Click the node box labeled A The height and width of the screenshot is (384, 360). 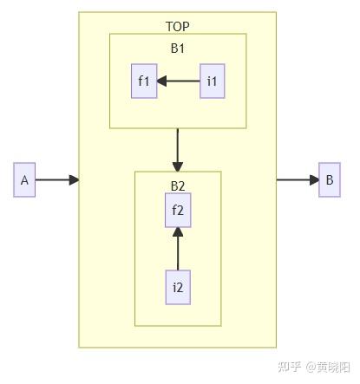(x=24, y=180)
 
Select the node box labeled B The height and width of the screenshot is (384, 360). (x=330, y=180)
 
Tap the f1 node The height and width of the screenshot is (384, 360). (x=144, y=81)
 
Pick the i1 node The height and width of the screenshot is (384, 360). (x=213, y=81)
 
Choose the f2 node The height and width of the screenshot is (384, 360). (x=178, y=209)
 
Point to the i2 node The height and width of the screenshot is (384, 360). (x=178, y=287)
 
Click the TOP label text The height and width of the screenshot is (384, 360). (x=178, y=27)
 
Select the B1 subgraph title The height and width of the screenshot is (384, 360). (x=178, y=49)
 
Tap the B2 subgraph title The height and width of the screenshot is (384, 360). (x=178, y=185)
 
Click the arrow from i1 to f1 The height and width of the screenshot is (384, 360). (x=180, y=81)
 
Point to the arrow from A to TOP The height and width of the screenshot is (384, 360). (x=54, y=180)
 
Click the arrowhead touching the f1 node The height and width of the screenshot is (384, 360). (x=162, y=81)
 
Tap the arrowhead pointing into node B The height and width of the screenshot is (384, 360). (x=313, y=180)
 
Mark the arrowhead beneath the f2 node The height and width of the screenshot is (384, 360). (x=178, y=231)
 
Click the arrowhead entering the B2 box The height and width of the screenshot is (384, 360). (x=178, y=166)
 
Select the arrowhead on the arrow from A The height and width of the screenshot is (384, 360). (x=74, y=180)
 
